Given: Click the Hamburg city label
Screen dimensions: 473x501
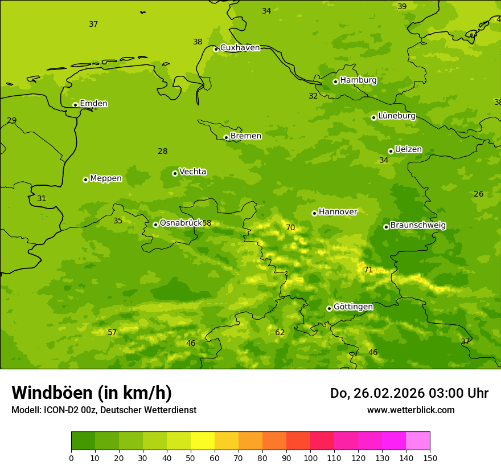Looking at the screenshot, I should [358, 80].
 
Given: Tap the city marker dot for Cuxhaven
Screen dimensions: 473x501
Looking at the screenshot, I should [216, 49].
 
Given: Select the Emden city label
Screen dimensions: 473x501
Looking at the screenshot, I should [93, 104].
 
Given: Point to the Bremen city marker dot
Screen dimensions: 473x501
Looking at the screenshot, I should [226, 137].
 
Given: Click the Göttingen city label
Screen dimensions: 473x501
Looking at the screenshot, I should [353, 307].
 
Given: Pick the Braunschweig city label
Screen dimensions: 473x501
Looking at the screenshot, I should [418, 226].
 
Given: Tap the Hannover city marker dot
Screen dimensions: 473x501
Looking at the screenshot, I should [314, 213].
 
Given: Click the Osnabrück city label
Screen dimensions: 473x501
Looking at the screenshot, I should [180, 223].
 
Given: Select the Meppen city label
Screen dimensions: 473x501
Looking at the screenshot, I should [106, 179].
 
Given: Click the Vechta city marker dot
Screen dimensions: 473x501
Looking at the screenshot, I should [175, 173].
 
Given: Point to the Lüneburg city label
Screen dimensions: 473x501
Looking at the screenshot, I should [396, 116].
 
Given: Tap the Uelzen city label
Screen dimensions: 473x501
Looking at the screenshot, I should [408, 150].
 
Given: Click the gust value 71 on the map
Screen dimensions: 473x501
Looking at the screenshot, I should [368, 270].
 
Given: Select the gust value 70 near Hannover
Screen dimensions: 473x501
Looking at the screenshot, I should [290, 228].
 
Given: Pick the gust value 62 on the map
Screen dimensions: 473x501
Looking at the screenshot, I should [280, 333].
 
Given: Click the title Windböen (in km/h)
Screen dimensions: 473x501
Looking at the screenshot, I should [92, 393].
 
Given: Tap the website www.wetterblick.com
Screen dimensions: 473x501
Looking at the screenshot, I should [410, 410].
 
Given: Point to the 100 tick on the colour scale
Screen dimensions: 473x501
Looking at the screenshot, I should [310, 458].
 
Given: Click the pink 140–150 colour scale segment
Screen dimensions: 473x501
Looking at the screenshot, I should [418, 441].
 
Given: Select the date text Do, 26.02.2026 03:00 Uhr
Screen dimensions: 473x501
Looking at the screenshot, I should [409, 393].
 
